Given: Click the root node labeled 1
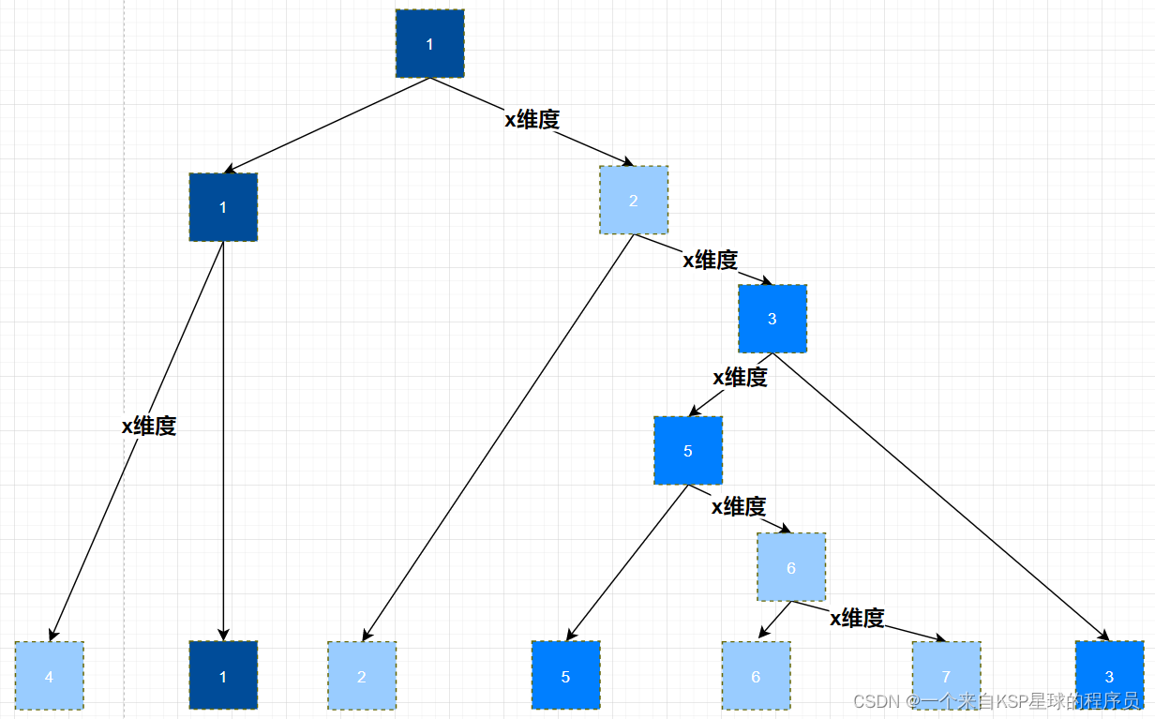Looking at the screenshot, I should (x=429, y=44).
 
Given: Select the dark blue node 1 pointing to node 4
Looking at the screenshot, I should (x=223, y=207).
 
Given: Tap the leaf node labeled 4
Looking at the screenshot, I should (x=50, y=676).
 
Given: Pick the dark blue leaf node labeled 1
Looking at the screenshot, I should (x=223, y=676).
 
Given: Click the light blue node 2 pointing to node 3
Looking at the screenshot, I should (x=634, y=201).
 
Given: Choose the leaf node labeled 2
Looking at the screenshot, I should (x=362, y=676).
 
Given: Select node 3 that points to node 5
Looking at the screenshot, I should (x=772, y=319).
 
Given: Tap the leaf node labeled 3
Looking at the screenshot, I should (x=1110, y=676).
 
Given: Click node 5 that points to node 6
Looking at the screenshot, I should (x=688, y=451).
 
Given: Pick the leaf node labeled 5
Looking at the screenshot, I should (x=565, y=676).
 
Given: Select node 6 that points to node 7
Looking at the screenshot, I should (x=791, y=568).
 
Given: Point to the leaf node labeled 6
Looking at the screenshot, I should (x=756, y=676).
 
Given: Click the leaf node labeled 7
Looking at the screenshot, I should (x=946, y=676).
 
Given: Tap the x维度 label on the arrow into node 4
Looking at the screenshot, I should (x=149, y=426).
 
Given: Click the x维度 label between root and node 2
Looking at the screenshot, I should (x=532, y=119).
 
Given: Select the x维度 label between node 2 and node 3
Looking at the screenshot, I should (x=710, y=260).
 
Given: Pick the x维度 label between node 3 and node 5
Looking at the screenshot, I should (x=740, y=377).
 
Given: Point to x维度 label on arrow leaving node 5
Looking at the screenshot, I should (x=739, y=506).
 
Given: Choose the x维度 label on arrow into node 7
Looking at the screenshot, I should (x=857, y=618).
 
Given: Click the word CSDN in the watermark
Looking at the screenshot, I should (x=872, y=701).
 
